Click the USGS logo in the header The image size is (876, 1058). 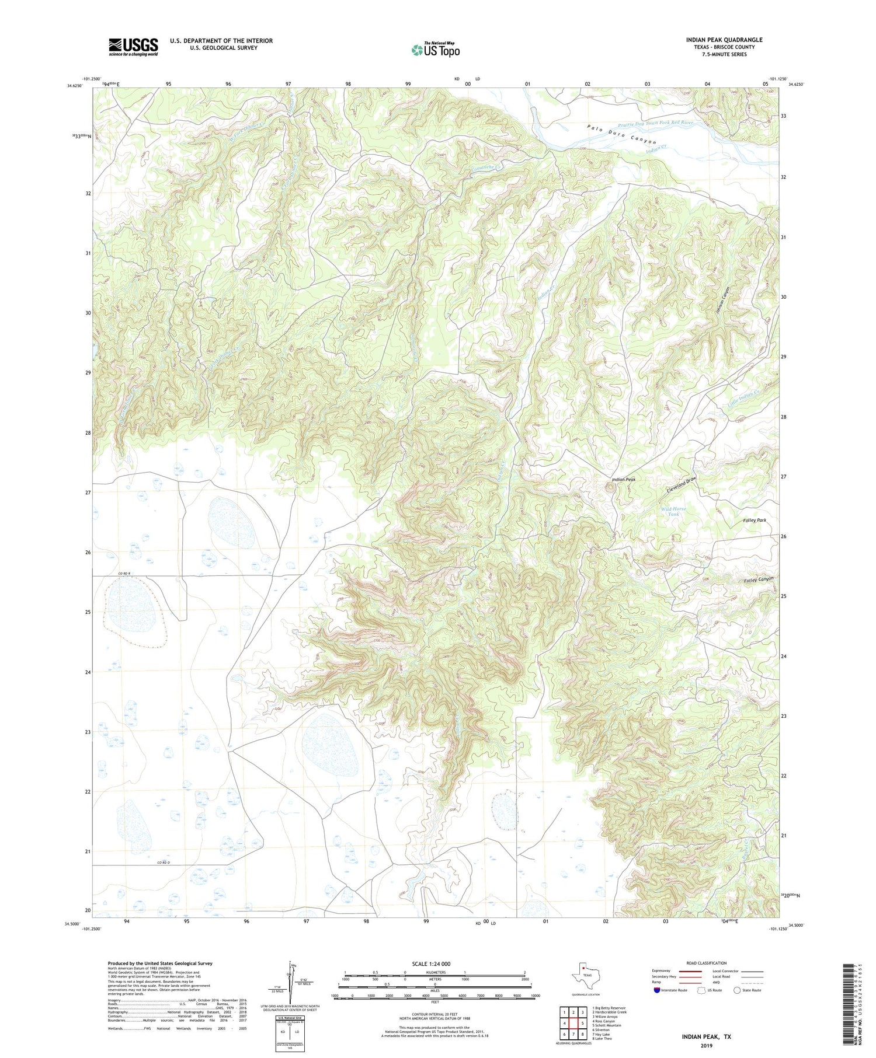click(133, 47)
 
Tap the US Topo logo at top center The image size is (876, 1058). click(435, 50)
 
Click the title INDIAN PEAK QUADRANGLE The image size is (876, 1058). click(724, 40)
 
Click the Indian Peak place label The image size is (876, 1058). click(623, 479)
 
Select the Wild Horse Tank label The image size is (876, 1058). click(673, 511)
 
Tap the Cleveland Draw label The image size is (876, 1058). click(682, 485)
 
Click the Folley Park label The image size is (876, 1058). click(755, 520)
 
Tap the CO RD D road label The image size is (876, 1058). click(166, 863)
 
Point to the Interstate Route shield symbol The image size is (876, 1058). click(658, 990)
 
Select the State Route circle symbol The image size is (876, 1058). click(737, 990)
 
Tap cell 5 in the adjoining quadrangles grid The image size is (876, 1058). click(582, 1023)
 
